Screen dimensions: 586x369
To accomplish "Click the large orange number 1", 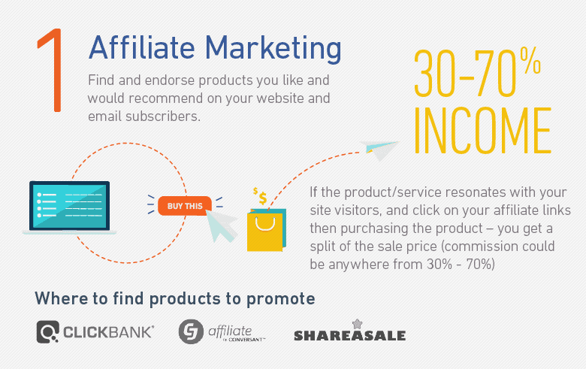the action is click(53, 70).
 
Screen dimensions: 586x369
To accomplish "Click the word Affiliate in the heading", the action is click(142, 47).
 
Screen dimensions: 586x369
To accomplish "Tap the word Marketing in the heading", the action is click(273, 49).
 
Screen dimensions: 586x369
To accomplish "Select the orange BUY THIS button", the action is click(185, 206).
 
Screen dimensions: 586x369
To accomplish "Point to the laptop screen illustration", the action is click(70, 205).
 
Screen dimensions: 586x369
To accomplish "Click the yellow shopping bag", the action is click(267, 230).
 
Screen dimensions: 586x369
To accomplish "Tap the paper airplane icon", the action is click(379, 150).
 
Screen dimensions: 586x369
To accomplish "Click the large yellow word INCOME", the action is click(482, 131).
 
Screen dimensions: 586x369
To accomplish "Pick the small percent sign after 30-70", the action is click(530, 60).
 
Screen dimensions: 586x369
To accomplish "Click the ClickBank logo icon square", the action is click(48, 331).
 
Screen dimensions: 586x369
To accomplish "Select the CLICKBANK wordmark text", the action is click(108, 332).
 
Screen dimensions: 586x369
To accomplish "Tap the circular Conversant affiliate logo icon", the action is click(191, 331).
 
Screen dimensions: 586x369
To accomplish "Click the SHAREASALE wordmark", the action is click(350, 335).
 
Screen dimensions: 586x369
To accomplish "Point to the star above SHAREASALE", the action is click(358, 324).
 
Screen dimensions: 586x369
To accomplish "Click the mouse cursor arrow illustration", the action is click(222, 225).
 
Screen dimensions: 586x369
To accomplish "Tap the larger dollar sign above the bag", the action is click(263, 198).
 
